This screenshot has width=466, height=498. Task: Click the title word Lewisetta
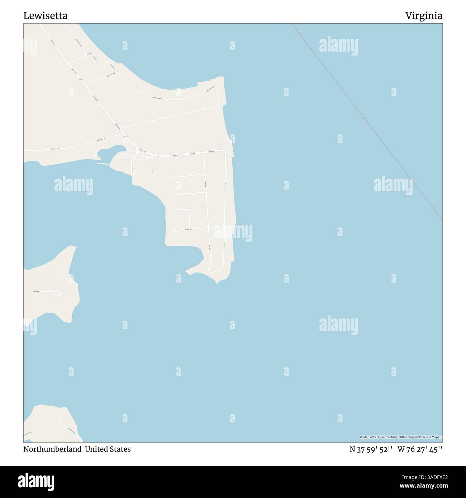[46, 16]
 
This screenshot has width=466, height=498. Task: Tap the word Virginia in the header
[424, 16]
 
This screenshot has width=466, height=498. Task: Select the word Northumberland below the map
[52, 449]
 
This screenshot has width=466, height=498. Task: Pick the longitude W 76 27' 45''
[420, 449]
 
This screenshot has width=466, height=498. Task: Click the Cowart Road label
[36, 292]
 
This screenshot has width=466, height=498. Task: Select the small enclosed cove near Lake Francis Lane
[110, 152]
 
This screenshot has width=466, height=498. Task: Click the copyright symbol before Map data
[361, 437]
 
